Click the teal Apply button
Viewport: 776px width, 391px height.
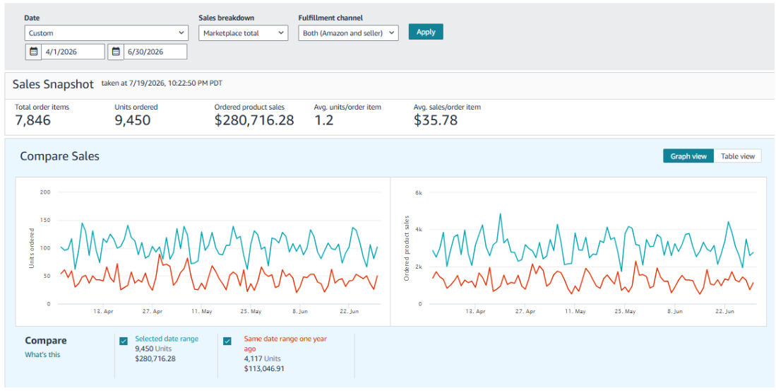[x=426, y=32]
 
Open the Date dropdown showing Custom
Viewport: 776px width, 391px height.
[x=107, y=33]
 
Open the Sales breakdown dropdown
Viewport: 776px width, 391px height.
[x=243, y=33]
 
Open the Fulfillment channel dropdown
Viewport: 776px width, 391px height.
[x=348, y=33]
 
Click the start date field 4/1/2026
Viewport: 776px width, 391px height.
[x=73, y=52]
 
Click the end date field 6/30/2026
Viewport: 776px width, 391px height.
[x=155, y=52]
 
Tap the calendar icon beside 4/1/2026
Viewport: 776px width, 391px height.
[x=33, y=52]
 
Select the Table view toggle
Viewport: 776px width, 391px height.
[x=737, y=156]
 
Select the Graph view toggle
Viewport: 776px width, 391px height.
[x=688, y=156]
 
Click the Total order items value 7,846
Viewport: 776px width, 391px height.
[x=32, y=120]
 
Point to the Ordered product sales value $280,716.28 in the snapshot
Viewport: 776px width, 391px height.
[x=254, y=120]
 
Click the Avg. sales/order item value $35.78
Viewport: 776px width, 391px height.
[x=436, y=120]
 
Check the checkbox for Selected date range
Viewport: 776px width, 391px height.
[x=124, y=341]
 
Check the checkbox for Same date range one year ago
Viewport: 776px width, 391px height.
[x=227, y=341]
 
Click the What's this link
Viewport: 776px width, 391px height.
[x=42, y=355]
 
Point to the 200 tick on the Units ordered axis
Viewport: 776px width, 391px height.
[x=45, y=192]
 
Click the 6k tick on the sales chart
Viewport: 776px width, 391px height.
[x=418, y=192]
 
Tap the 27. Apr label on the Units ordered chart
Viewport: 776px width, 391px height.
[x=153, y=312]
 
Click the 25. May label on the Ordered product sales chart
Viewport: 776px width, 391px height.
[x=625, y=312]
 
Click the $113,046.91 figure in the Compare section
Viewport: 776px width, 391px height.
[x=264, y=368]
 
